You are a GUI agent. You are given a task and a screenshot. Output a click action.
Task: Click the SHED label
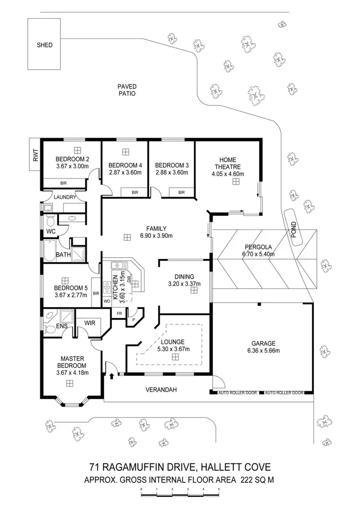tap(45, 45)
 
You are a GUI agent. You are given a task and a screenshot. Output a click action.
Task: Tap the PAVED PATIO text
tap(127, 90)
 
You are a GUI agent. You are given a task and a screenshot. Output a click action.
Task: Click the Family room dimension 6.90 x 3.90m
tap(156, 236)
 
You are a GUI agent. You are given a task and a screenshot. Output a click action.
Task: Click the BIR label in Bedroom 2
tap(63, 183)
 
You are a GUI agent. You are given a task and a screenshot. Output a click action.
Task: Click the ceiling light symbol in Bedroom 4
tap(125, 152)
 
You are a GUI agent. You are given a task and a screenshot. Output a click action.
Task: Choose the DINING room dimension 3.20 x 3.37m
tap(184, 284)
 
